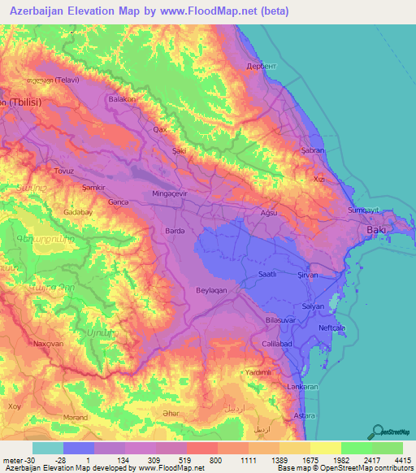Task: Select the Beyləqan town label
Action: (195, 289)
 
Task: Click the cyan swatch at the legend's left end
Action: (47, 448)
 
